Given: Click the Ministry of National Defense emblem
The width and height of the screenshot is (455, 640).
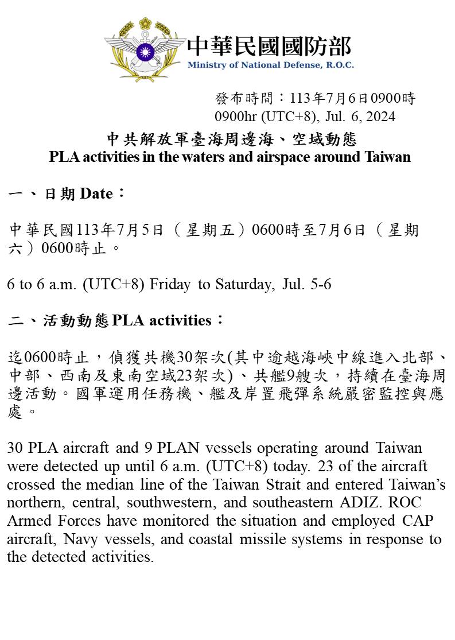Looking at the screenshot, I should click(x=145, y=51).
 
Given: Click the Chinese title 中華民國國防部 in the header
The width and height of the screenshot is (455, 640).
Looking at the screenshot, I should click(x=269, y=46).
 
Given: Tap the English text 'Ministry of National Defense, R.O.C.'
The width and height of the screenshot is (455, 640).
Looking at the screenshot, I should click(x=270, y=65).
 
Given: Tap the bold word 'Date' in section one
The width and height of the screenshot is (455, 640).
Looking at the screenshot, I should click(x=96, y=194).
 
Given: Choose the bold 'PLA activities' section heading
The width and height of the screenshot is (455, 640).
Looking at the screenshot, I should click(x=162, y=320).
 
